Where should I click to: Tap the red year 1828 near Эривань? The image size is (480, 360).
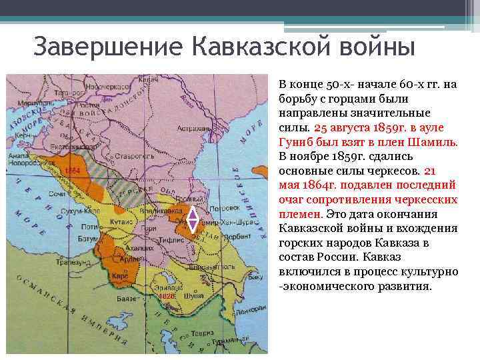[x=167, y=295]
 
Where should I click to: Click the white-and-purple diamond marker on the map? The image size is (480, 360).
[x=192, y=221]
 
